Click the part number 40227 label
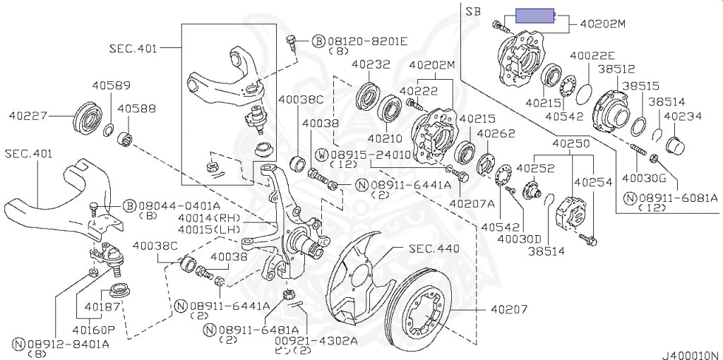click(28, 116)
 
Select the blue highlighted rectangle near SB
click(534, 16)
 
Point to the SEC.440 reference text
click(434, 249)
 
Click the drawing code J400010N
click(691, 355)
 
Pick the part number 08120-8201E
click(367, 42)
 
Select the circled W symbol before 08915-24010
click(323, 154)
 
